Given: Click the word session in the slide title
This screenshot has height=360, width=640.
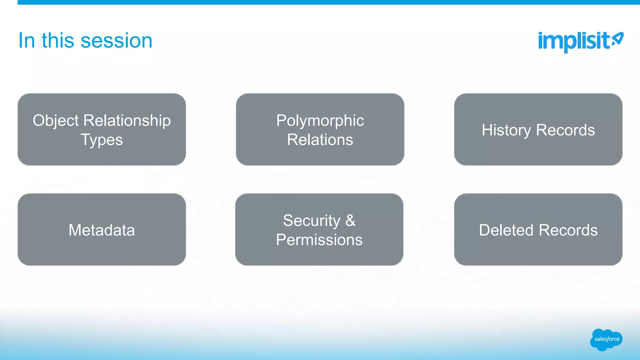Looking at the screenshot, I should pos(117,41).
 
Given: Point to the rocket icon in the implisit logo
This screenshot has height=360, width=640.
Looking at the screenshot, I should pos(617,39).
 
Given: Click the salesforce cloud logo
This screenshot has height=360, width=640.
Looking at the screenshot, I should pos(606,339).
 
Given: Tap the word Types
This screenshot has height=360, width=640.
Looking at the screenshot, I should pos(102,140).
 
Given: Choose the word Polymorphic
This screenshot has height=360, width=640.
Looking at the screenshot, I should pos(320,121).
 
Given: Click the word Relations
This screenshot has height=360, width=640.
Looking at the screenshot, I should pos(320,140).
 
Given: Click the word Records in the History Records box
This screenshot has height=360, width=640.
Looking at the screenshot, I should pos(565,130).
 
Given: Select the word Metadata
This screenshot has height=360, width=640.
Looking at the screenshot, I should pos(102,230).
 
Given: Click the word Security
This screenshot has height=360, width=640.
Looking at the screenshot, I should pos(312,221).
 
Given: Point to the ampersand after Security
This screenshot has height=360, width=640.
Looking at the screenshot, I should pos(350,221).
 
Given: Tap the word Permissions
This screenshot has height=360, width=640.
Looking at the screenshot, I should pos(319,240).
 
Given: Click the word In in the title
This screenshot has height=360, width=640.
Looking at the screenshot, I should pos(27,41).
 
